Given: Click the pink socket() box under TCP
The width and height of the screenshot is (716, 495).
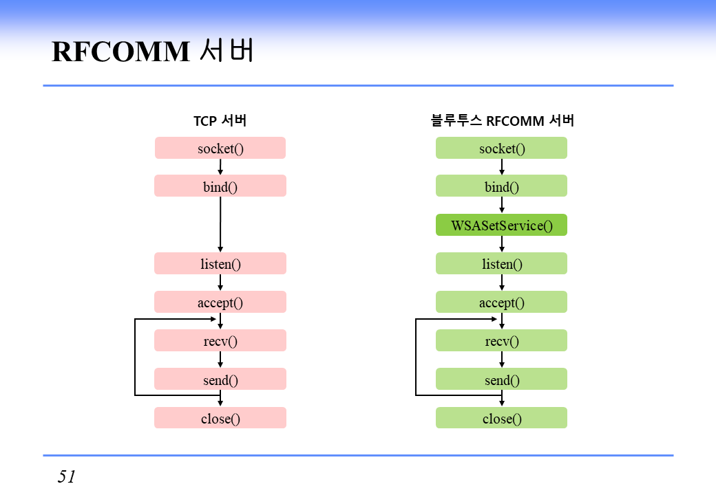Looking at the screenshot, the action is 220,148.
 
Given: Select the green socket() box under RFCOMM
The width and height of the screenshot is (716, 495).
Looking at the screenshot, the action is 501,148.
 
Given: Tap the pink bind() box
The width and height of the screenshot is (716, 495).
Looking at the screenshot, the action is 220,186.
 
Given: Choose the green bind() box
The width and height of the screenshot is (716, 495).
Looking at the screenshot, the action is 501,186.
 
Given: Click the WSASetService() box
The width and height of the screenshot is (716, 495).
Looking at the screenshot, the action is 501,225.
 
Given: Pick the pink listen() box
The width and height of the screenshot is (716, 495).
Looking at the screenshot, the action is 220,263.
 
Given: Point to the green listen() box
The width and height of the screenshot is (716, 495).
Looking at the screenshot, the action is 501,263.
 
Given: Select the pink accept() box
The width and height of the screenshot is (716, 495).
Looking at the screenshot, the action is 220,302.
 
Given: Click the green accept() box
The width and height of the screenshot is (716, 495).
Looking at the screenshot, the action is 501,302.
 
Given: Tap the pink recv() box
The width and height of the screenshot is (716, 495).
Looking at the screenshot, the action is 220,340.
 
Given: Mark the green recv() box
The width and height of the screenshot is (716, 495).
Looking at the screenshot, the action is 501,340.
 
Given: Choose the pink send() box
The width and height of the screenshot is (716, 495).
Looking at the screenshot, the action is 220,379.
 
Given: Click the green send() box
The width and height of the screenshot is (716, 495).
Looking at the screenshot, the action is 501,379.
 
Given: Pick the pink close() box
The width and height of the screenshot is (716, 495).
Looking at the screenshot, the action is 220,417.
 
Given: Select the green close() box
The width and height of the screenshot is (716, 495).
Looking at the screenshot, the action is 501,417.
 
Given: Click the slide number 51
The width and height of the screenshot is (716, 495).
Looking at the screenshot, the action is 67,476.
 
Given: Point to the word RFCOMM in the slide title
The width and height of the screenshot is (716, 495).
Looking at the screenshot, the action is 120,52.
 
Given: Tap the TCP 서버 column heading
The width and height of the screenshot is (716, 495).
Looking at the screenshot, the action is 220,121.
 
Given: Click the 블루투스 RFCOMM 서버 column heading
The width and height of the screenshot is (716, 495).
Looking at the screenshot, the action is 502,121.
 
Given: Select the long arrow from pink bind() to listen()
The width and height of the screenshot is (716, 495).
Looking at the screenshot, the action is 220,224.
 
